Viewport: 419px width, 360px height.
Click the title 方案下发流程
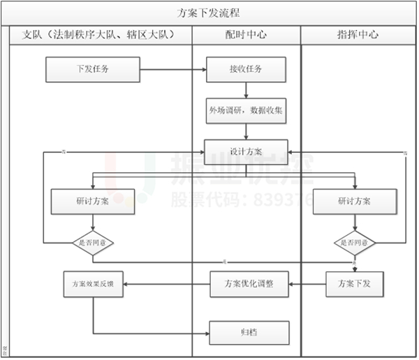click(210, 13)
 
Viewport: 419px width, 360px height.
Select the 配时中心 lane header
click(246, 34)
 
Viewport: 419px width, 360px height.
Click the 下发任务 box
click(93, 69)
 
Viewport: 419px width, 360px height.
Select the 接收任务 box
click(247, 69)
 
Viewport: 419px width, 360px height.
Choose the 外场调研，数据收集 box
click(245, 110)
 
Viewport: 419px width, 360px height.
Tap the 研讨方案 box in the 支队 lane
click(93, 201)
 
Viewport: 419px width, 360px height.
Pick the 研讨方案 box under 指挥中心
click(355, 201)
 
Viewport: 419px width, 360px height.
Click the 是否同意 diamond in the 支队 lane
click(93, 242)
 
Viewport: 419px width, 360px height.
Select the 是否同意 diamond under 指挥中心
click(355, 242)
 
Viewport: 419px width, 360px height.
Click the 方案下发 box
click(355, 284)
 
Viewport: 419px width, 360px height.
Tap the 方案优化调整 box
click(249, 284)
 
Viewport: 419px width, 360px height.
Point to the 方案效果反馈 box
click(93, 284)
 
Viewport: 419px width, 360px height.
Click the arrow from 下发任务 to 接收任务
click(172, 69)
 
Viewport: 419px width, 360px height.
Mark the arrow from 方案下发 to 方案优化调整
click(307, 284)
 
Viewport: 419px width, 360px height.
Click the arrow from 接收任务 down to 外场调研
click(247, 90)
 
